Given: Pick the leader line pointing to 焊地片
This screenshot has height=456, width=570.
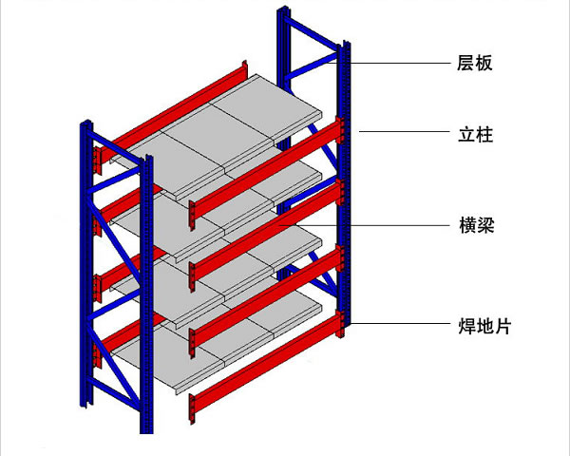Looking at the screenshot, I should point(399,325).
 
